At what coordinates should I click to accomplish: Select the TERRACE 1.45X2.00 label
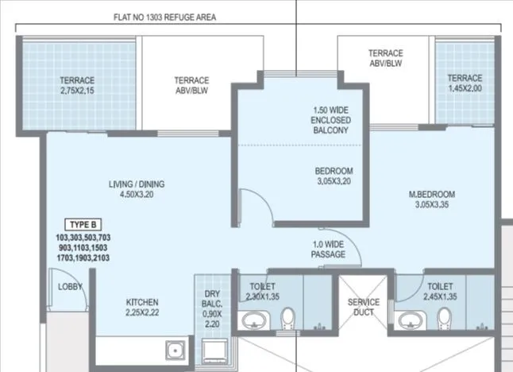[465, 83]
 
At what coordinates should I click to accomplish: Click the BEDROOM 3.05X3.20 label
[334, 176]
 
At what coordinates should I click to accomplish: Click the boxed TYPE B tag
[83, 225]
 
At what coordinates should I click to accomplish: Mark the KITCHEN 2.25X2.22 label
[142, 308]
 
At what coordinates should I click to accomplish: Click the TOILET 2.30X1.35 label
[261, 291]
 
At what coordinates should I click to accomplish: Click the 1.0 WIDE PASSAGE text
[329, 249]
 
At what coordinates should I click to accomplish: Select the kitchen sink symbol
[173, 351]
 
